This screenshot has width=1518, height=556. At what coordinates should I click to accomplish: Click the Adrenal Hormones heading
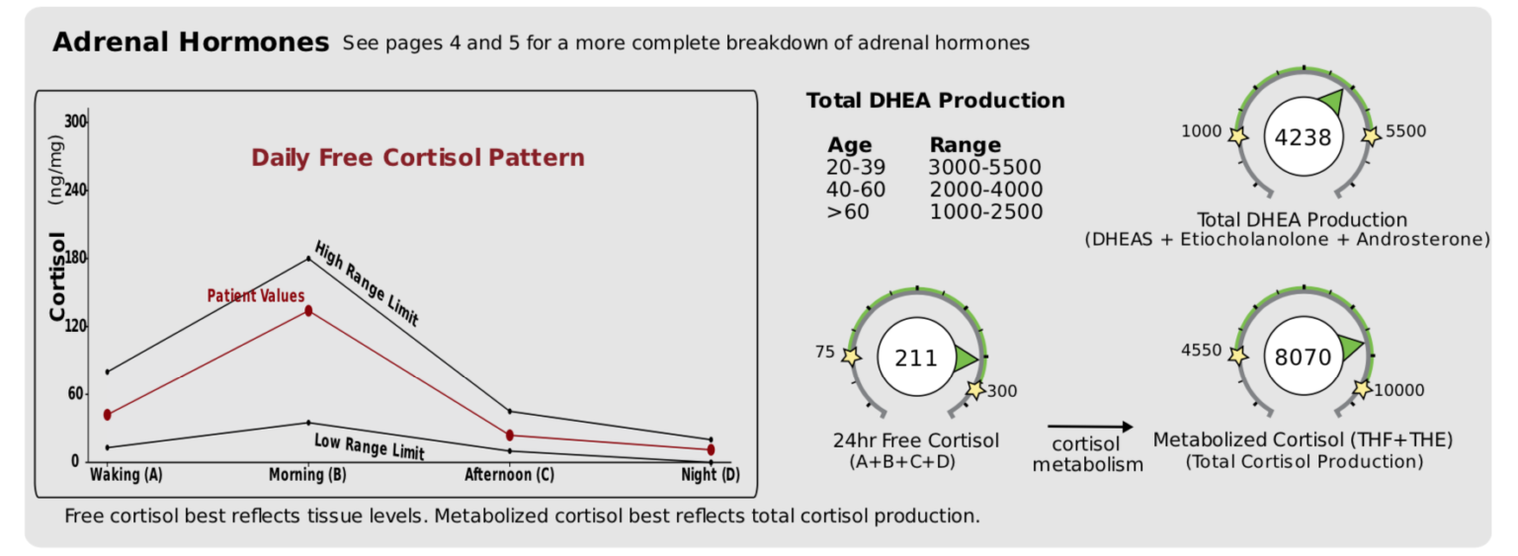190,42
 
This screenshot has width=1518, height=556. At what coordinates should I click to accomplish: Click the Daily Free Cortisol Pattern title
417,158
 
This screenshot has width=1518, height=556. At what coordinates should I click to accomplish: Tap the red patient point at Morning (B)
308,311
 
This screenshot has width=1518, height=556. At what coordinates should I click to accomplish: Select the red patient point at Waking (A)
107,415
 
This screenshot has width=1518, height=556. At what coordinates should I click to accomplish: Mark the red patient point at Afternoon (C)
510,435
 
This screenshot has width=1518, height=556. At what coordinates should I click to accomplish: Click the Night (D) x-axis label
710,475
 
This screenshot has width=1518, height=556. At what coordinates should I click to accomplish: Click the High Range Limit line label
367,283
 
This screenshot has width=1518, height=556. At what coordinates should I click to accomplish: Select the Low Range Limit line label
369,446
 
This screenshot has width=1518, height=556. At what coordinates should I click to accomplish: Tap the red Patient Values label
255,295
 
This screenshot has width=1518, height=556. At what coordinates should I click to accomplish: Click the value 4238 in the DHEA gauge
1304,137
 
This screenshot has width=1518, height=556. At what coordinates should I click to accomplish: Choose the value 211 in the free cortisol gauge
915,357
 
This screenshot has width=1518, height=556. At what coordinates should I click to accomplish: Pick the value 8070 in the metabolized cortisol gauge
1304,357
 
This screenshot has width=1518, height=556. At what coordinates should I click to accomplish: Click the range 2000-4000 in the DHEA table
985,190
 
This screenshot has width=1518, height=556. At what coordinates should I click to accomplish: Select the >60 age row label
848,210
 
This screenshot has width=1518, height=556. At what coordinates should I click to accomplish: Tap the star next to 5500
1370,135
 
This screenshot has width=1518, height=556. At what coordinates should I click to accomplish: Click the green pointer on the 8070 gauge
1352,347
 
